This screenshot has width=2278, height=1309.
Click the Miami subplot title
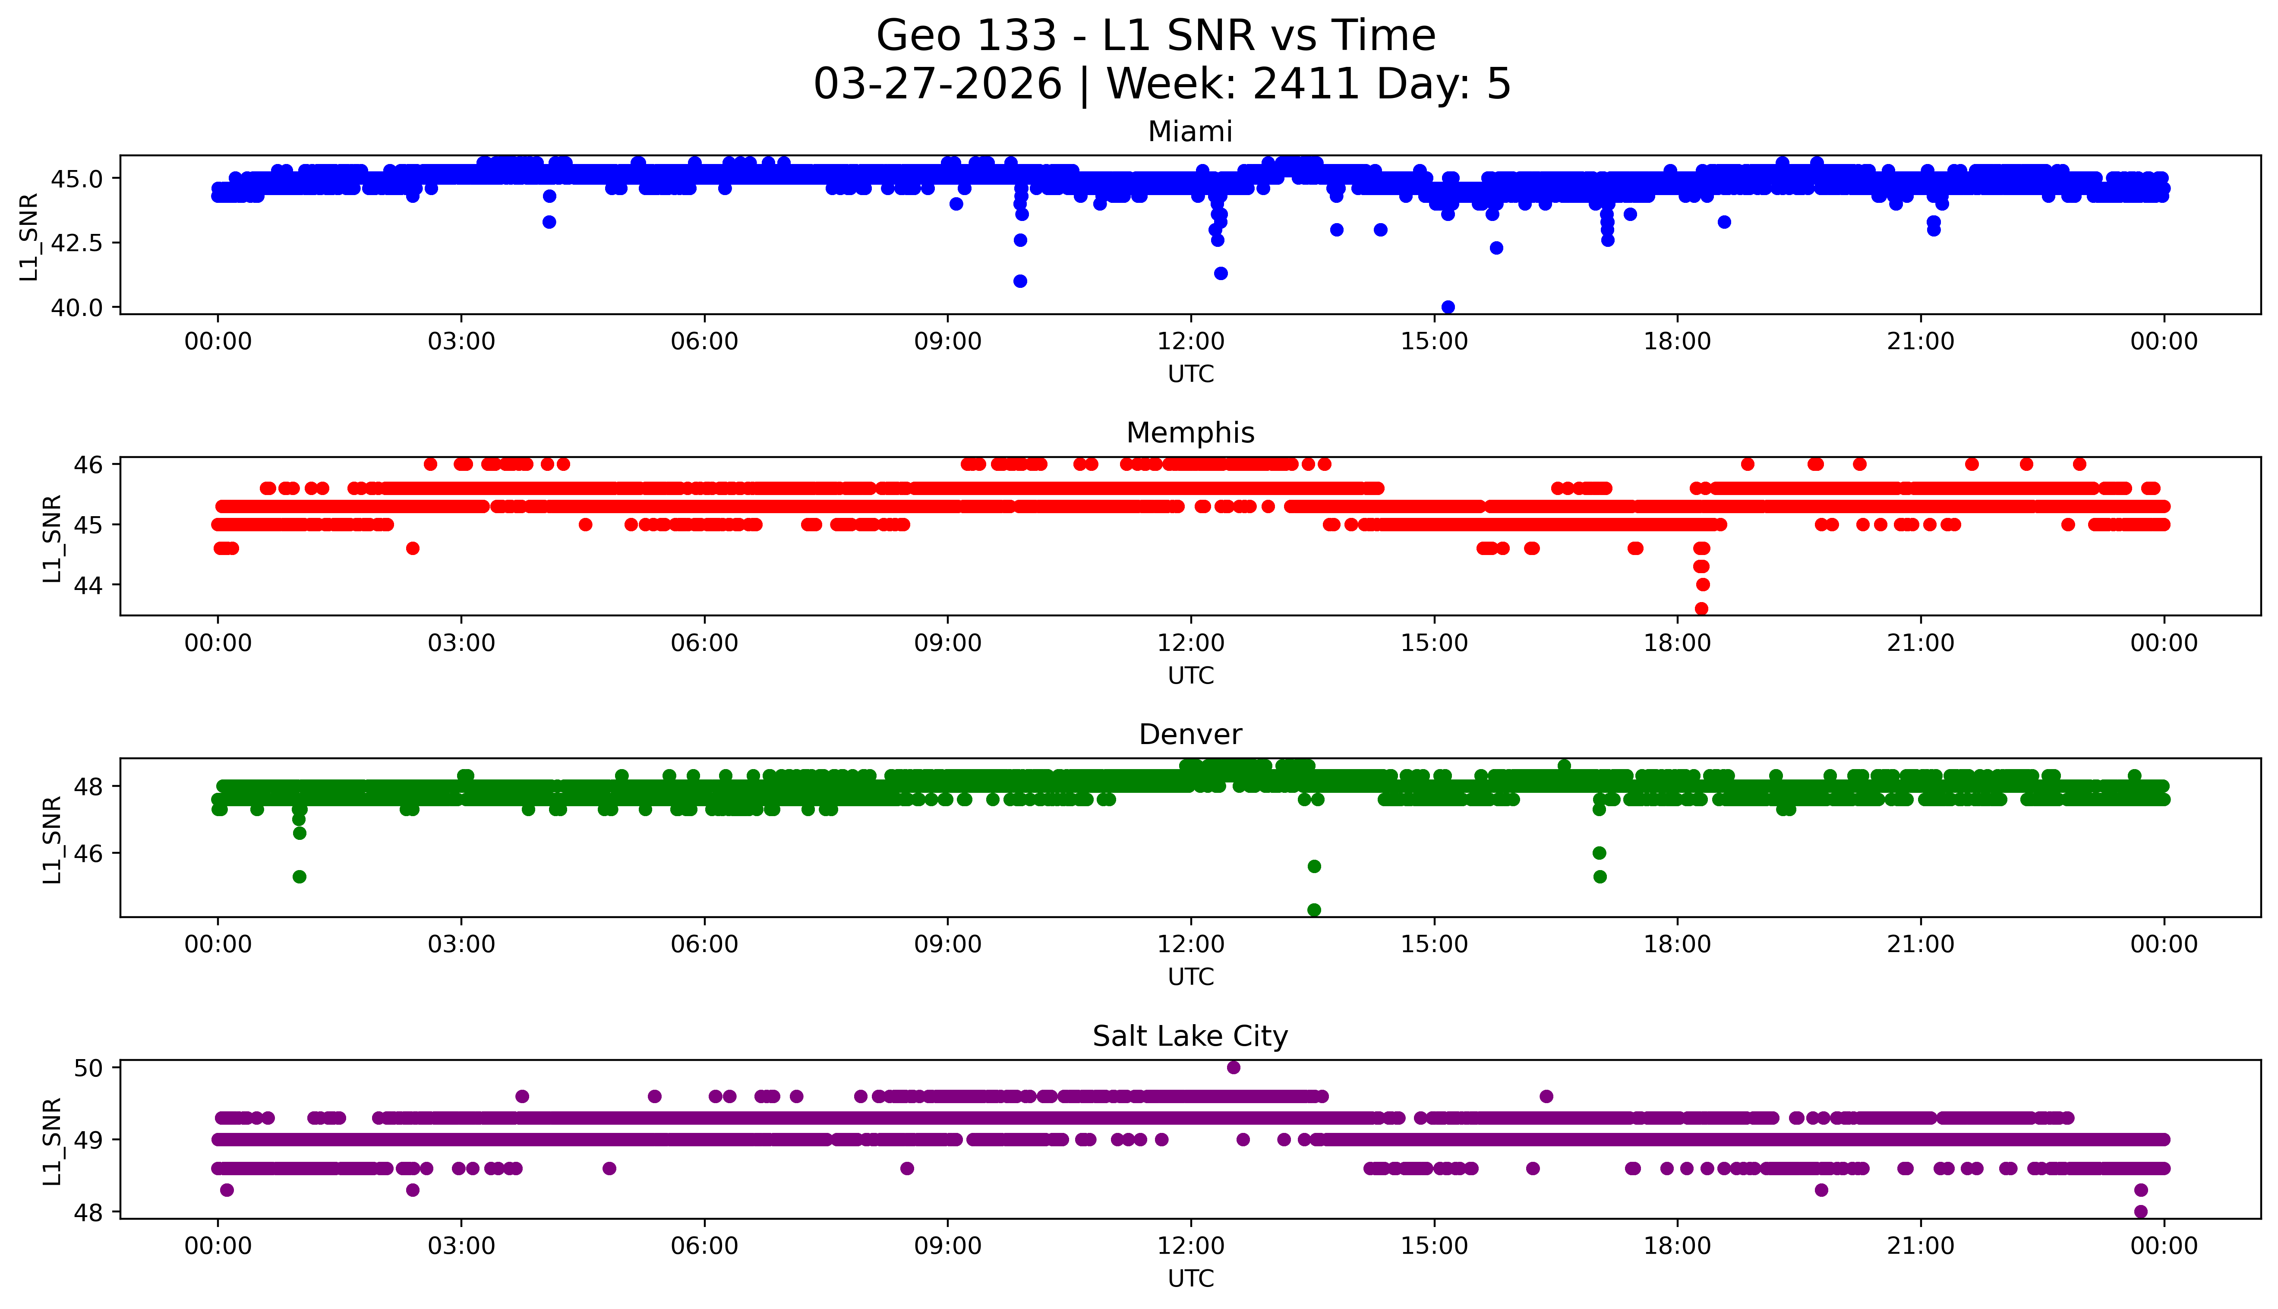point(1189,132)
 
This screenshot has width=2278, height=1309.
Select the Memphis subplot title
point(1189,433)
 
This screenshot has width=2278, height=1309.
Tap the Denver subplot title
point(1189,735)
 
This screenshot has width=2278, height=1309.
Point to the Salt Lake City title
point(1189,1037)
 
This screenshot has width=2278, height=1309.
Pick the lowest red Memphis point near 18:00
point(1701,609)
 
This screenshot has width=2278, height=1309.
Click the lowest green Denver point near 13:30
point(1313,910)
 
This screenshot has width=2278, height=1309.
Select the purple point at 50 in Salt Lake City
point(1234,1067)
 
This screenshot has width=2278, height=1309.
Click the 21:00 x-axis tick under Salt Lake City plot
point(1920,1246)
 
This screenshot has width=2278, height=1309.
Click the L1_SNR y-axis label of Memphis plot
point(52,538)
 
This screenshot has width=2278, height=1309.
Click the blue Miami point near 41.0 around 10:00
point(1019,281)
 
